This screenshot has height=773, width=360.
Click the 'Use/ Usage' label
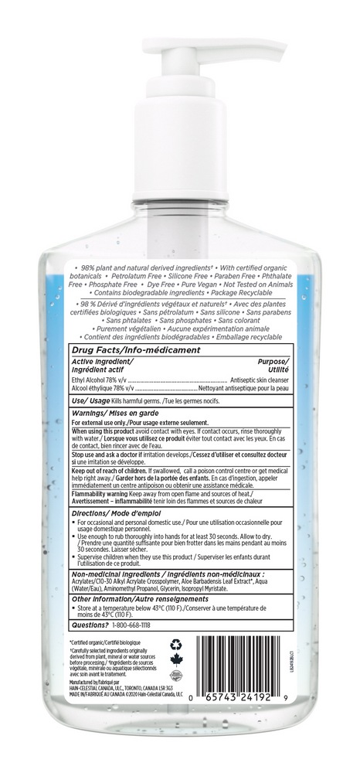91,401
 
